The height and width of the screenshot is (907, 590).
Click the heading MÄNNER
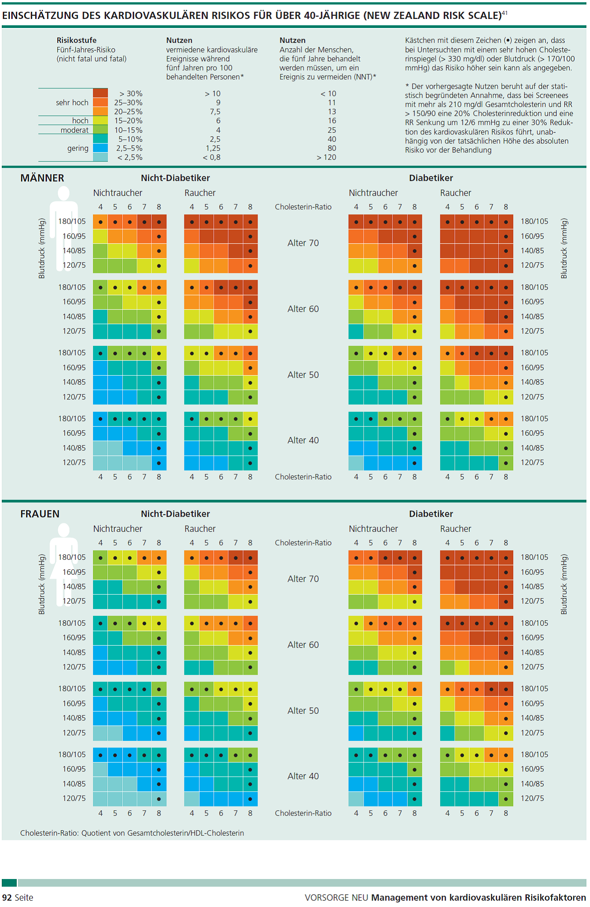click(x=42, y=178)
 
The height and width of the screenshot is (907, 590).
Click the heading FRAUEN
click(x=40, y=514)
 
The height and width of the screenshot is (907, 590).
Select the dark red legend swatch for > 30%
click(x=100, y=93)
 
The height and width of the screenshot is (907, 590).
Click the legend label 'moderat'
click(x=74, y=130)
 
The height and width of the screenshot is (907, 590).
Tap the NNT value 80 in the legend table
click(x=332, y=148)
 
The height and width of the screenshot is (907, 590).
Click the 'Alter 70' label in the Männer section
click(x=303, y=243)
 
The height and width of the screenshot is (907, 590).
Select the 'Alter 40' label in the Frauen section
click(x=303, y=776)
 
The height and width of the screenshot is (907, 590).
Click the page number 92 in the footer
click(x=7, y=898)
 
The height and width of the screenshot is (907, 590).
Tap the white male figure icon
click(x=64, y=226)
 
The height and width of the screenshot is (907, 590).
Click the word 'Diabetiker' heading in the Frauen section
click(x=431, y=514)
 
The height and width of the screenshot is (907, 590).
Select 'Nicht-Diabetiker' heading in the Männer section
click(x=175, y=178)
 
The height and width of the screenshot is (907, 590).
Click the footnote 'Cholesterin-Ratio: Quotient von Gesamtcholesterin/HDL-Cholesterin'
click(x=132, y=833)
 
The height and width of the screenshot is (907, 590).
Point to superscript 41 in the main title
click(x=505, y=13)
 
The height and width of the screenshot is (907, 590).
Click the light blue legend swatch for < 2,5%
click(x=100, y=157)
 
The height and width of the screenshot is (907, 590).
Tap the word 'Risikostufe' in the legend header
click(x=76, y=40)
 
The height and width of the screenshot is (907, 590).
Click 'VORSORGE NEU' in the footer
click(x=336, y=898)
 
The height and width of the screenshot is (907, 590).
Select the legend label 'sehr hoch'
click(x=72, y=102)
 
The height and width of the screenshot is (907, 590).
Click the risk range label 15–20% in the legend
click(x=128, y=121)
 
